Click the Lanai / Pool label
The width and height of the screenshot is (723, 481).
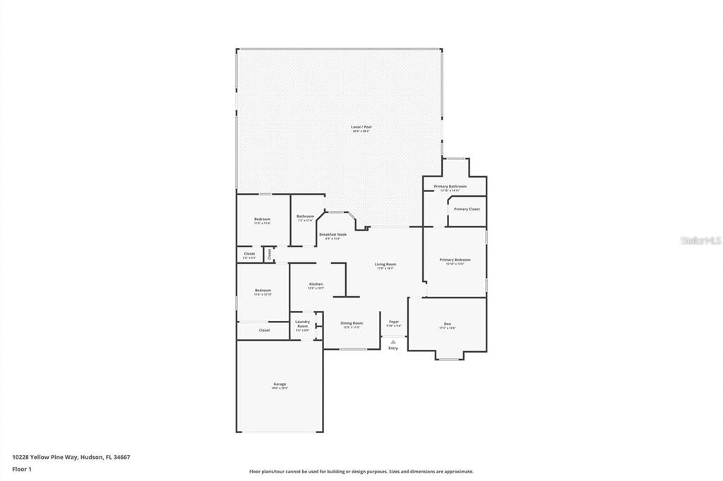pos(361,128)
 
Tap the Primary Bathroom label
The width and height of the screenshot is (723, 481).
pos(450,187)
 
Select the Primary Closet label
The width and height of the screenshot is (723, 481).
pos(466,209)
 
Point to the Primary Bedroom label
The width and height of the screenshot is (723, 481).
pos(455,260)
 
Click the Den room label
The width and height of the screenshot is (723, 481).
pos(448,324)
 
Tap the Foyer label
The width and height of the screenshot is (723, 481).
pos(394,322)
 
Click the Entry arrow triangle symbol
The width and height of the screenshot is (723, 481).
pos(393,341)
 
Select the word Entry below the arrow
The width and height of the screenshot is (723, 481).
pos(393,348)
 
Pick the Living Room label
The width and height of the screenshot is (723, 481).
pos(385,264)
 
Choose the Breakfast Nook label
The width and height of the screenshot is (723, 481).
pos(333,234)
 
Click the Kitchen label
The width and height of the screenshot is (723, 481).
pos(316,284)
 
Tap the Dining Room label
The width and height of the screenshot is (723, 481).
pos(351,323)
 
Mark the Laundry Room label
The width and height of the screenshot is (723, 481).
pos(302,324)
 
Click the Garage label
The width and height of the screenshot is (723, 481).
pos(280,384)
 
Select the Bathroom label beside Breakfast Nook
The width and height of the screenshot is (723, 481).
pos(305,217)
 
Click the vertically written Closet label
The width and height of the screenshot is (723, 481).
pos(269,254)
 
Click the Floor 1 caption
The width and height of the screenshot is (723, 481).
pos(22,468)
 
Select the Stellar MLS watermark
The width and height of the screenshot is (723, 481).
pos(700,240)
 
